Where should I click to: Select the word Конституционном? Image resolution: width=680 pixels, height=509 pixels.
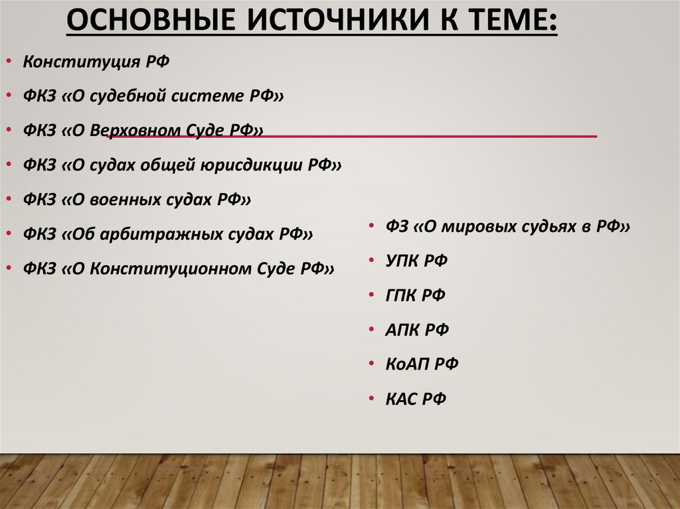click(180, 268)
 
